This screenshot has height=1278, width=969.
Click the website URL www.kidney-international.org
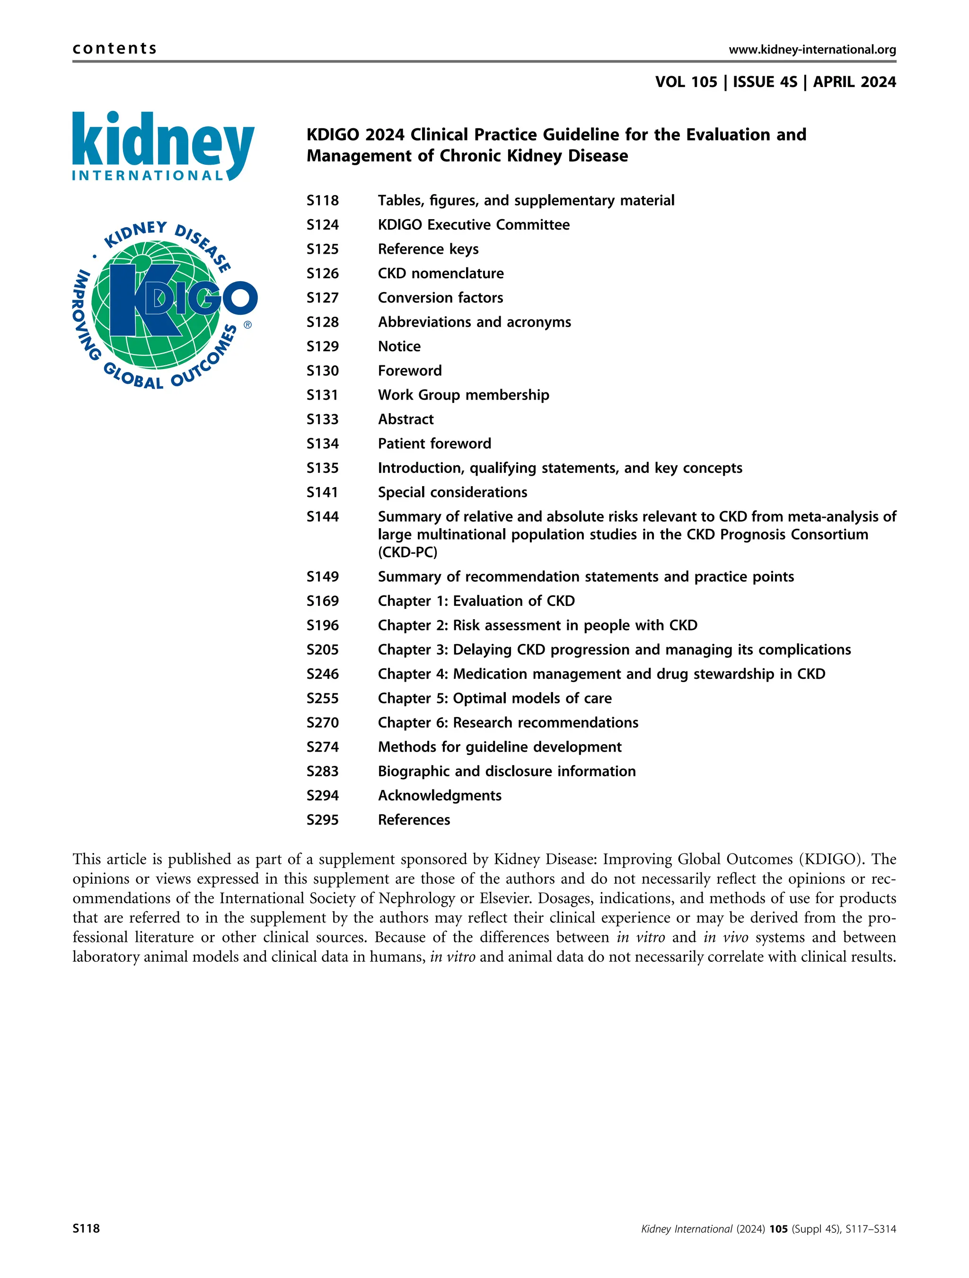point(812,50)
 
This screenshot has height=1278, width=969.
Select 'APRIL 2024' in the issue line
point(854,82)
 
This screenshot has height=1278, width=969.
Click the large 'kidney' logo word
point(163,141)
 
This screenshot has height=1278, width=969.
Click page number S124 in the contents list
point(322,225)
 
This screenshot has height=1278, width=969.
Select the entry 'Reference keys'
point(428,249)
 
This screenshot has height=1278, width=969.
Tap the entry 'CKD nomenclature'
point(440,273)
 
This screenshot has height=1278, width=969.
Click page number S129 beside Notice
point(322,346)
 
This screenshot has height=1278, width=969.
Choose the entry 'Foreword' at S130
point(409,370)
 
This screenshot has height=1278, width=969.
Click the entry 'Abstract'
point(405,419)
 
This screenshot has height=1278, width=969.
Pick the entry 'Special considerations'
point(452,492)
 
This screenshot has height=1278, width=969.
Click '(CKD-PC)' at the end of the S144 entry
point(407,552)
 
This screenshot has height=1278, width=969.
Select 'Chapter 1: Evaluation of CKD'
point(476,601)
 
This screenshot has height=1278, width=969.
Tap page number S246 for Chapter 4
point(322,674)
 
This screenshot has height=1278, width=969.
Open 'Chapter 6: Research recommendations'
point(508,722)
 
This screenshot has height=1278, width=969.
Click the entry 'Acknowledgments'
point(440,796)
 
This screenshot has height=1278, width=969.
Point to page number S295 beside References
point(322,820)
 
